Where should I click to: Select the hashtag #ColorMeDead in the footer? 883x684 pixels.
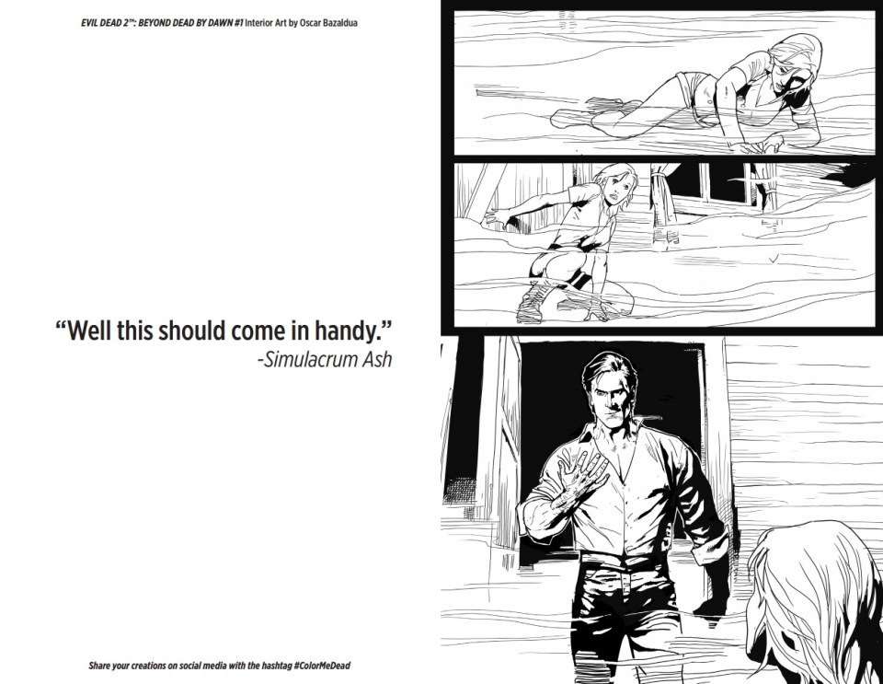click(x=322, y=666)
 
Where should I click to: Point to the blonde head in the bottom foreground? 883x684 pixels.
click(x=814, y=603)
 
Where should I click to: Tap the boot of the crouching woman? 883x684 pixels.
click(x=533, y=303)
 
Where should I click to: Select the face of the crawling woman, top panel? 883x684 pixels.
click(x=786, y=76)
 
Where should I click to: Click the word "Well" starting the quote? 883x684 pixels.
click(x=90, y=331)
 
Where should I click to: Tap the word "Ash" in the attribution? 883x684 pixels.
click(x=377, y=359)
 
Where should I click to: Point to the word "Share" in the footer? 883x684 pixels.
click(x=99, y=666)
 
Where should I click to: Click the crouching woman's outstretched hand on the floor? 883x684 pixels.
click(x=499, y=217)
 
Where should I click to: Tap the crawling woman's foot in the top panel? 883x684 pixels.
click(x=566, y=119)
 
